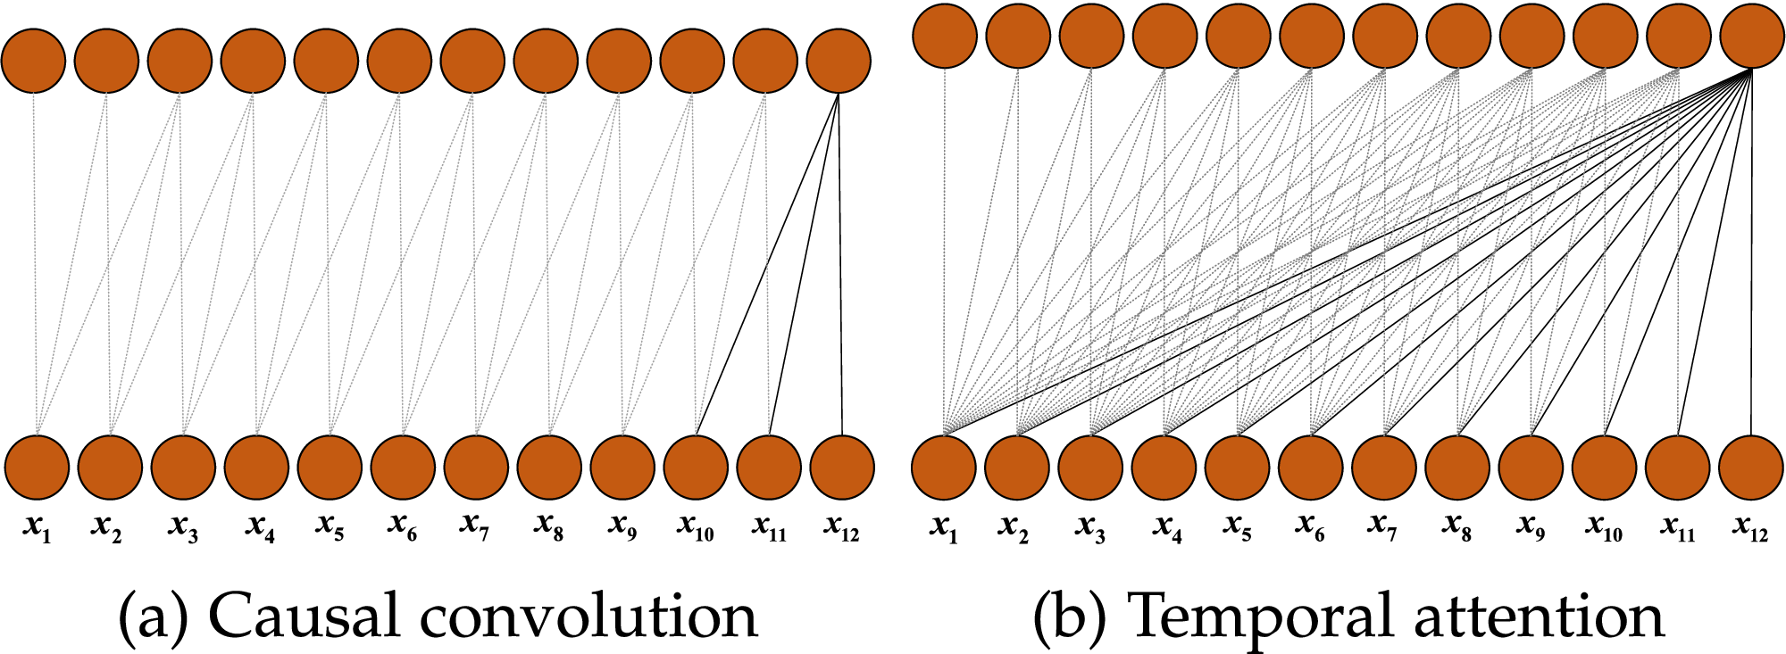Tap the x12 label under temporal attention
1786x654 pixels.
(x=1750, y=529)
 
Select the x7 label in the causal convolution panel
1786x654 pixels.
(x=475, y=529)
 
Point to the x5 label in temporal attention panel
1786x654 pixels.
(x=1238, y=529)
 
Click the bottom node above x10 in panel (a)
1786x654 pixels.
(x=696, y=467)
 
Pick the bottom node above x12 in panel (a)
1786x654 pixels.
(x=842, y=467)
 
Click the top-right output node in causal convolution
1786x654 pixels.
(x=839, y=62)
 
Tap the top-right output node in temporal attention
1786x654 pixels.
(x=1752, y=37)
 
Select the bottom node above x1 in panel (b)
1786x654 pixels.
(x=944, y=467)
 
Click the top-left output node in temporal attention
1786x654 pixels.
(x=945, y=35)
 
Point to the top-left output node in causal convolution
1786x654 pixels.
(x=33, y=62)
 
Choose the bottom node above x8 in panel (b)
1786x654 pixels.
(x=1457, y=467)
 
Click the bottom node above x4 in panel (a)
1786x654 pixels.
(x=256, y=467)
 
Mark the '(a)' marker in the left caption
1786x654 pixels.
(x=151, y=616)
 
